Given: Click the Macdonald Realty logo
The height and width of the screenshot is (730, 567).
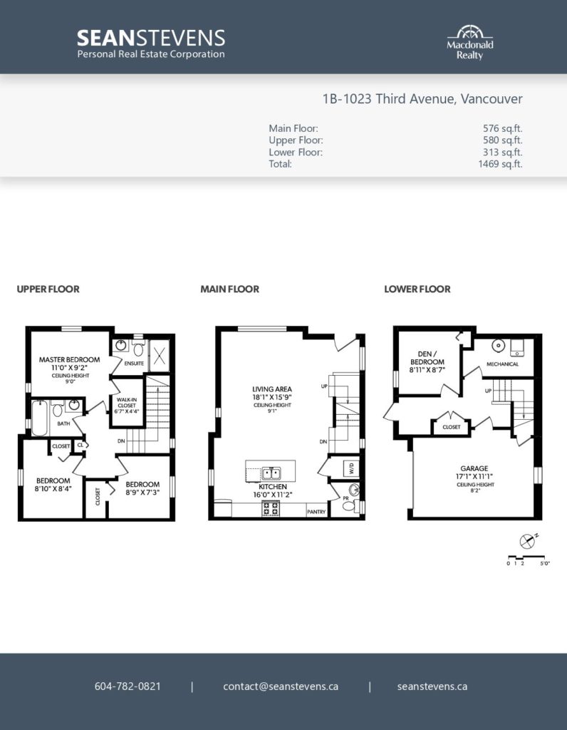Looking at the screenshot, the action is point(470,42).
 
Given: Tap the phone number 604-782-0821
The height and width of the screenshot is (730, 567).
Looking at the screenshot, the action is point(128,687).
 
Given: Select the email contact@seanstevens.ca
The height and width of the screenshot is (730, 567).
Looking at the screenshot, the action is point(281,687).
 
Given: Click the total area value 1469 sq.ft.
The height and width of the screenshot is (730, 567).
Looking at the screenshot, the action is point(500,164).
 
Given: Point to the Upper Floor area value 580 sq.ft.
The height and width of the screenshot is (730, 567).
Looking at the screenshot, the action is point(502,140).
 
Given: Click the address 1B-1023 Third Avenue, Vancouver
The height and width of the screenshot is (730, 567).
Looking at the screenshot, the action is point(422,98).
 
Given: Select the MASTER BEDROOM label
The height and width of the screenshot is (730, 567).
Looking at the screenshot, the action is point(69,359).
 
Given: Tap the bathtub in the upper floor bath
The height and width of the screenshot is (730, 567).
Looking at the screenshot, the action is point(40,418).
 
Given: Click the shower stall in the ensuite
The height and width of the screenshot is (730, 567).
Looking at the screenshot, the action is point(159,356).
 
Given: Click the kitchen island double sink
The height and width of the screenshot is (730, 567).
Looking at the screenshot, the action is point(271,474).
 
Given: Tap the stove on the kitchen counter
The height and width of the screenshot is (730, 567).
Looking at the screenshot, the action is point(271,508).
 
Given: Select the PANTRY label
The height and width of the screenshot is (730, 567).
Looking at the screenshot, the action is point(316,512).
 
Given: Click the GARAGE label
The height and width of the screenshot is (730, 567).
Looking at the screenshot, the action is point(474,468).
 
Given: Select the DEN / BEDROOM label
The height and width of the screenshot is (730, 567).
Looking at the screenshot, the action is point(427,358).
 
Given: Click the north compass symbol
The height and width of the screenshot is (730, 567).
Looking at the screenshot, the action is point(527,540).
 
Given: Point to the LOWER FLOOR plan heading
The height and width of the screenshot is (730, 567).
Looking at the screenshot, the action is point(417,289).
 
